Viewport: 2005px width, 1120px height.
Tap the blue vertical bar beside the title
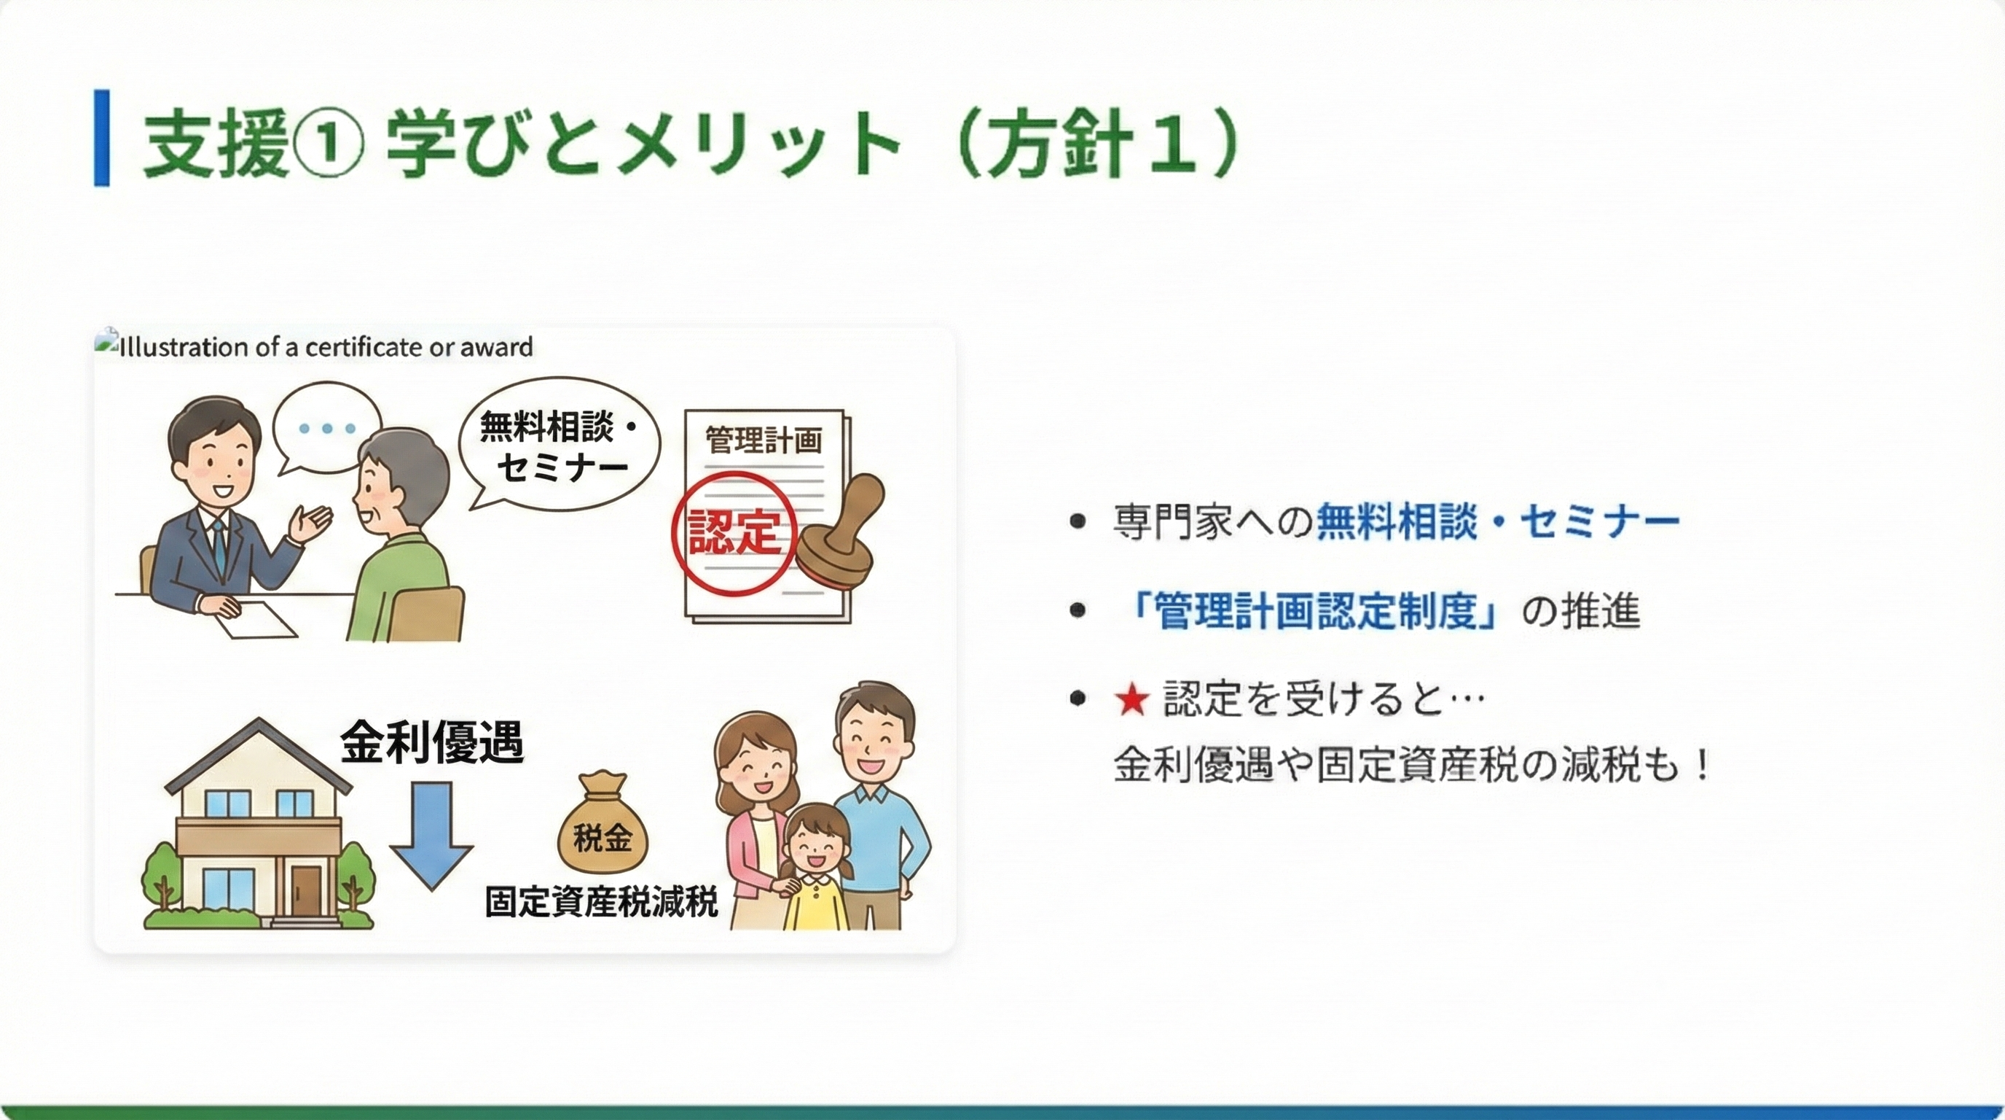(x=102, y=138)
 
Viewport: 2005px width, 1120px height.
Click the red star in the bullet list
(x=1131, y=699)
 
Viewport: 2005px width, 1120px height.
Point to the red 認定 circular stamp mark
(x=734, y=533)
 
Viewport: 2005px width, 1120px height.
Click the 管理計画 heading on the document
(x=764, y=440)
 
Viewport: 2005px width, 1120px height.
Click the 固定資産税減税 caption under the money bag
(x=601, y=902)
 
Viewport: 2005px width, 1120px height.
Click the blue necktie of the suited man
(x=219, y=545)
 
